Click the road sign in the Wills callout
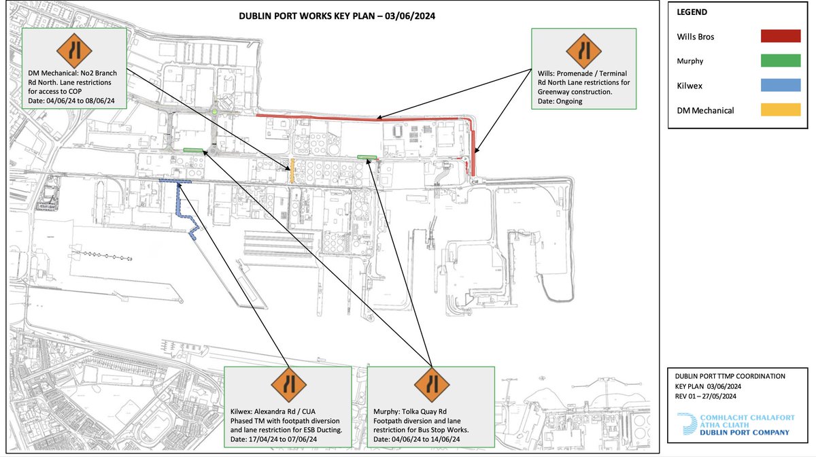point(583,50)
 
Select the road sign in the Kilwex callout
point(288,386)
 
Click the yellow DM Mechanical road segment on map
point(292,170)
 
